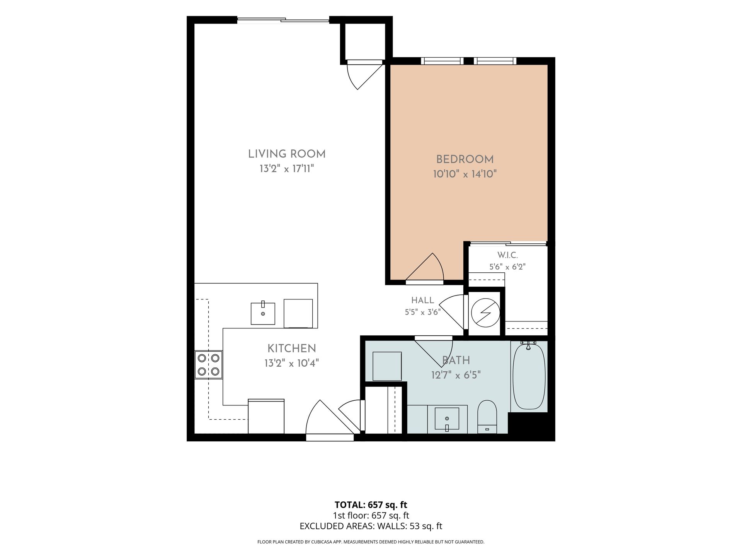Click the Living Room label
pos(287,154)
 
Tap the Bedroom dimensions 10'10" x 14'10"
pos(465,174)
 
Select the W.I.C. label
pos(507,255)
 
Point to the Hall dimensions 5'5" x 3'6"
pos(423,312)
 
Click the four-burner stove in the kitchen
pos(209,365)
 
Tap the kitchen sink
pos(263,313)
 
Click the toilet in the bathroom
pos(487,417)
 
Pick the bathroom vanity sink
pos(447,419)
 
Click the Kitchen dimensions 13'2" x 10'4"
pos(292,363)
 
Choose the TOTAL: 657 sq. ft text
pos(371,505)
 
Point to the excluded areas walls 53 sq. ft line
pos(371,526)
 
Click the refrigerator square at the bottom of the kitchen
pos(266,416)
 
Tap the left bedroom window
pos(442,61)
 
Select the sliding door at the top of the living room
pos(283,19)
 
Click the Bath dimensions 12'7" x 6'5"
pos(456,375)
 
